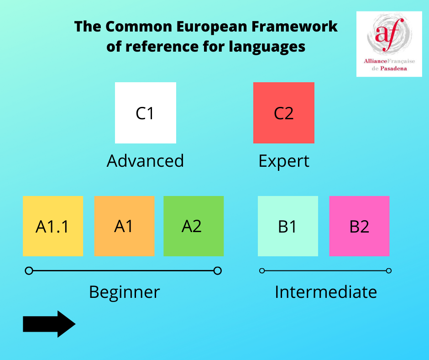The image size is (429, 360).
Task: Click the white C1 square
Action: coord(146,113)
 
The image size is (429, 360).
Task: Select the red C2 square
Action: coord(284,113)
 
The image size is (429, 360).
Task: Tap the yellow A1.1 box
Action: coord(53,226)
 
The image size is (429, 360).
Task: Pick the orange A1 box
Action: coord(124,226)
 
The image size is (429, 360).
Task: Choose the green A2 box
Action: coord(194,226)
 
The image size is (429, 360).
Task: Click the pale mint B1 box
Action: coord(288,226)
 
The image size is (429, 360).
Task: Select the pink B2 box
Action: coord(359,226)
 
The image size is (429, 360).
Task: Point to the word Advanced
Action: coord(145,160)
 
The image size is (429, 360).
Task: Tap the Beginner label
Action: coord(125,292)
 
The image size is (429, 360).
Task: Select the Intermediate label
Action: coord(326,292)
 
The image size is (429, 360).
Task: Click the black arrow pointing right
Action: coord(49,324)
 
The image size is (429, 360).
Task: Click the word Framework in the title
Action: coord(294,26)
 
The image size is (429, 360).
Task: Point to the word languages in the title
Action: coord(267,47)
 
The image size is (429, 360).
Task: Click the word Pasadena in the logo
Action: coord(393,69)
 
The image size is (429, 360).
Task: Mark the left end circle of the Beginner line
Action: coord(29,270)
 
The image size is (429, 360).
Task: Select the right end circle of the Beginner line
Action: coord(218,270)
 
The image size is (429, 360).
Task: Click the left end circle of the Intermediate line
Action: coord(262,270)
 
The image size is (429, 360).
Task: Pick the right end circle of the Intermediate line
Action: coord(388,270)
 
